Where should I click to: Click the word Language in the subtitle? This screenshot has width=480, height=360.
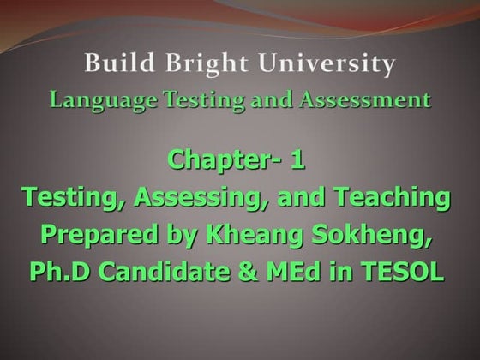tap(91, 99)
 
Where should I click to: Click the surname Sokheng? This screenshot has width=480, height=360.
tap(381, 236)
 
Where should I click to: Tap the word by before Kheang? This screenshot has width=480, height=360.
tap(178, 236)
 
